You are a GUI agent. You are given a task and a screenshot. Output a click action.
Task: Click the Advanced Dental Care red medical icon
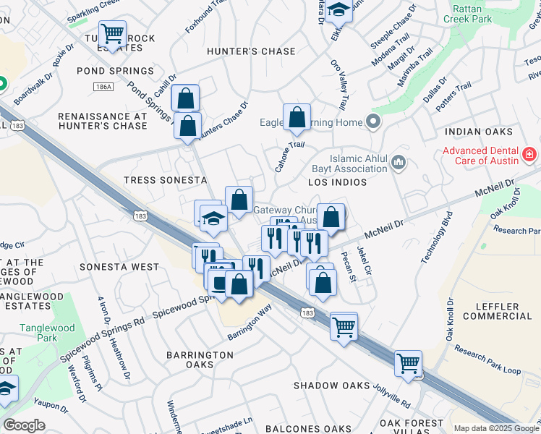tap(529, 155)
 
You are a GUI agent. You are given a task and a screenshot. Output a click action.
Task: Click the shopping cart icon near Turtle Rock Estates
tap(112, 33)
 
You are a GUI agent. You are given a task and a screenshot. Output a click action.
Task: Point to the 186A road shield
tap(103, 87)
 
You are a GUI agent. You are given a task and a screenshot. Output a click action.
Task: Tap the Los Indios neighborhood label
tap(337, 182)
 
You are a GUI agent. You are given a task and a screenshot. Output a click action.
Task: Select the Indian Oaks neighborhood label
tap(479, 132)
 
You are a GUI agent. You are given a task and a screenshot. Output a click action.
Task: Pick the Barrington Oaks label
tap(200, 359)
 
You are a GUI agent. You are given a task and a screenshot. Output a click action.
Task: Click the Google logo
tap(25, 425)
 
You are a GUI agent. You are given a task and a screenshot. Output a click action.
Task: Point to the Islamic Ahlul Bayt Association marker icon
tap(399, 164)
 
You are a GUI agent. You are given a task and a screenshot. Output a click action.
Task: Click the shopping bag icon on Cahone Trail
tap(297, 117)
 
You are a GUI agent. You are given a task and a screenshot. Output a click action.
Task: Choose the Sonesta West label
tap(119, 267)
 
